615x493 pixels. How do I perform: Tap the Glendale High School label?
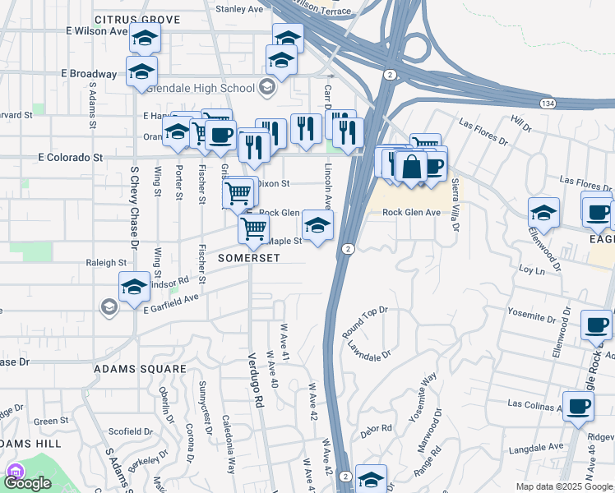click(x=216, y=89)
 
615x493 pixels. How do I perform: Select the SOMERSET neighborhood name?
click(x=249, y=257)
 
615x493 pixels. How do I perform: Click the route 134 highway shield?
click(x=548, y=104)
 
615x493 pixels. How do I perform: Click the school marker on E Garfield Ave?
click(x=134, y=288)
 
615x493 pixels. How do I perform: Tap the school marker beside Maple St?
click(x=317, y=223)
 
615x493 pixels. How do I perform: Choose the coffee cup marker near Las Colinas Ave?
click(x=578, y=405)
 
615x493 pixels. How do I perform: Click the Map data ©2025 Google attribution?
click(x=564, y=486)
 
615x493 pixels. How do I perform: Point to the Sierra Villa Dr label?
click(x=455, y=203)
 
